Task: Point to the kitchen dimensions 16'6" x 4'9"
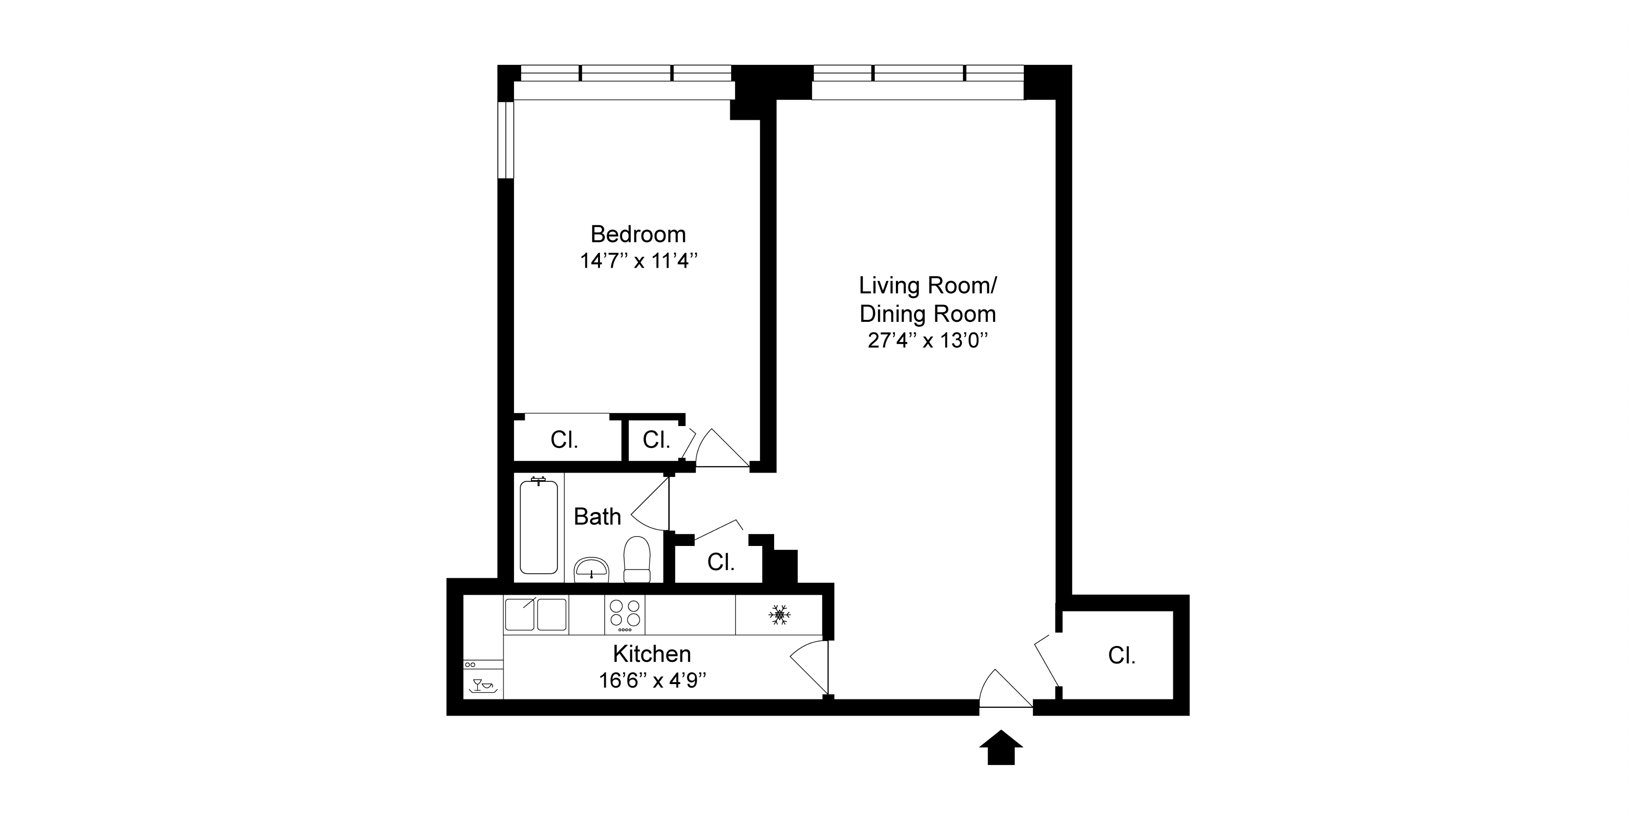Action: (x=652, y=680)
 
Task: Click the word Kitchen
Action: (x=652, y=654)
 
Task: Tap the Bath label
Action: (x=597, y=517)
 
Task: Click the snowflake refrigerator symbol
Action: (x=779, y=615)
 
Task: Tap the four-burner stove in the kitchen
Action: (x=624, y=614)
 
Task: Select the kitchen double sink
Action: (x=535, y=614)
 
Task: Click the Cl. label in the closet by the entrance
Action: (x=1122, y=655)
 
